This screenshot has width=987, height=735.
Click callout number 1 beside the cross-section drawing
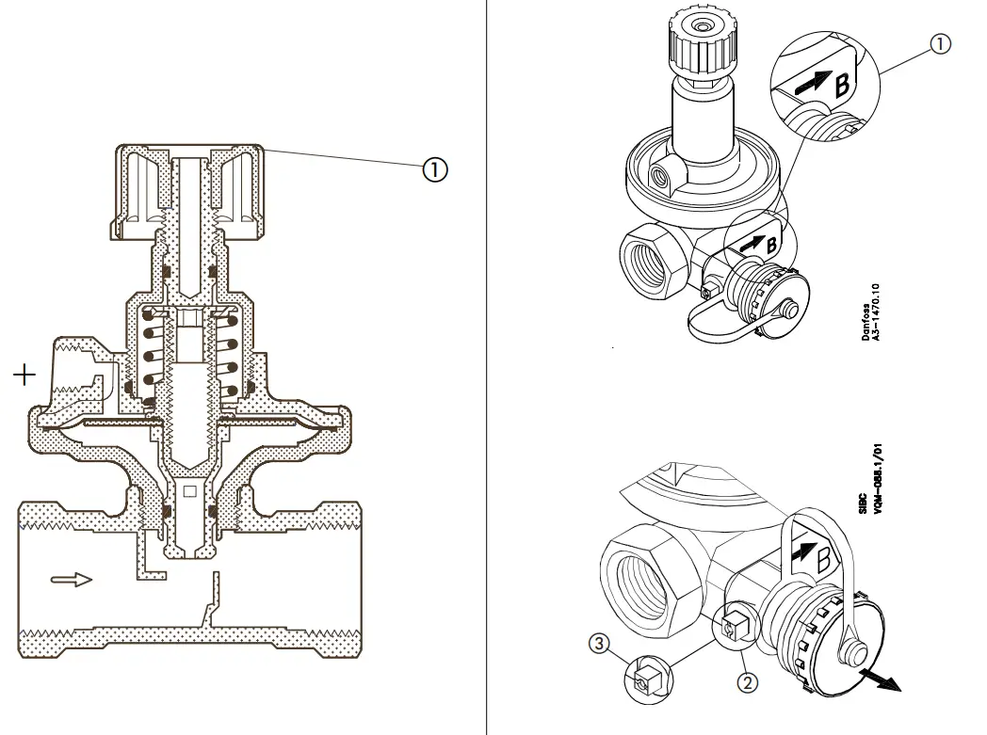[434, 169]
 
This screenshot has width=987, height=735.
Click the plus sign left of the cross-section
[24, 375]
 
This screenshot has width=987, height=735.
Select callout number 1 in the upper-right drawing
[941, 43]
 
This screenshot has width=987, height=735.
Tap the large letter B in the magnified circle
[841, 84]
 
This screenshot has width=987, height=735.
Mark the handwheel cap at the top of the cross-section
[188, 188]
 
